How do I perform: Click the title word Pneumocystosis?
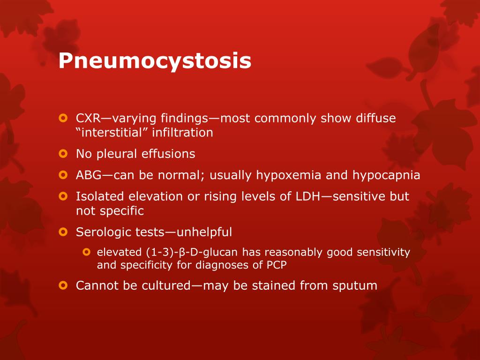pyautogui.click(x=155, y=61)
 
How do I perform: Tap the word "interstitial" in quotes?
pyautogui.click(x=112, y=133)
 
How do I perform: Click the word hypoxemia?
pyautogui.click(x=288, y=175)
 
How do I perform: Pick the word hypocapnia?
pyautogui.click(x=386, y=175)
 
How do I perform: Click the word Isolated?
pyautogui.click(x=100, y=196)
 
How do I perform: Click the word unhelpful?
pyautogui.click(x=204, y=232)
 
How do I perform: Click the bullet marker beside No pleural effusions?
pyautogui.click(x=63, y=154)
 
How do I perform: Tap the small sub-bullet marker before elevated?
pyautogui.click(x=87, y=252)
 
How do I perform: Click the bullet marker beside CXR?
pyautogui.click(x=63, y=118)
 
